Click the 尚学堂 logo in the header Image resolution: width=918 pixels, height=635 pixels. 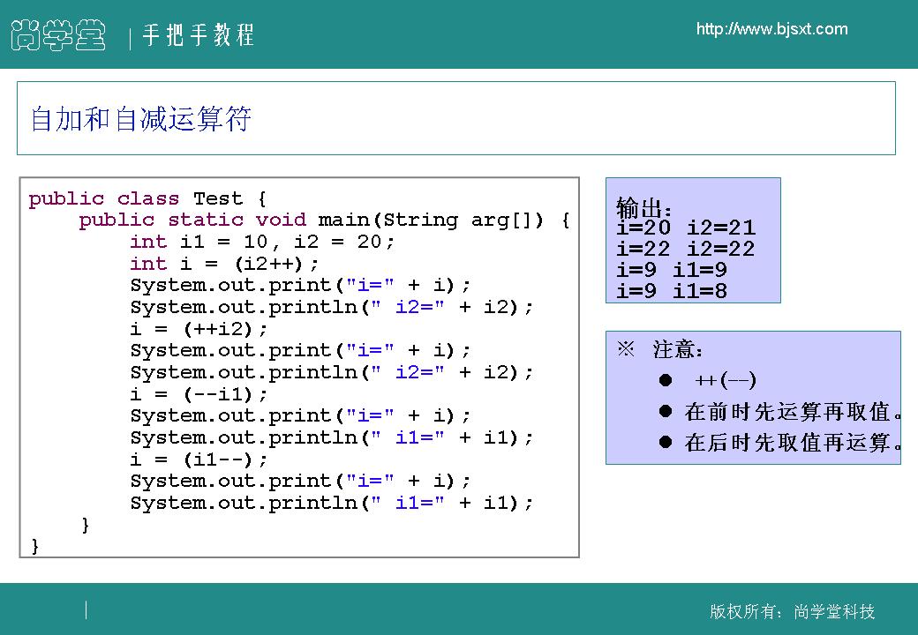(58, 34)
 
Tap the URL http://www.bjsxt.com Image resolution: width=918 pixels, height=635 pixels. (771, 28)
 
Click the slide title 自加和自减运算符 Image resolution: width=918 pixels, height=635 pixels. (140, 119)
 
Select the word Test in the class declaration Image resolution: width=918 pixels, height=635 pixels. (218, 198)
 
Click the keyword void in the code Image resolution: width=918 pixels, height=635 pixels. (281, 220)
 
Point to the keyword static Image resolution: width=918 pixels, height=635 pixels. (205, 220)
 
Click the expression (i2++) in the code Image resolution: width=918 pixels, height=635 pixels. (268, 264)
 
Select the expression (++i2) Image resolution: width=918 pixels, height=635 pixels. (218, 329)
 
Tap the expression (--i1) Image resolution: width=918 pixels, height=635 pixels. (218, 395)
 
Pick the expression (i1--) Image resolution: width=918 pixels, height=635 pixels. (218, 460)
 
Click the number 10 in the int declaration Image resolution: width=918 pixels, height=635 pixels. (255, 242)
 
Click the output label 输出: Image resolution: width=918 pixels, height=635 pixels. (643, 207)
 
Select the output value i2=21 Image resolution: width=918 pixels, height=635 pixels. (721, 228)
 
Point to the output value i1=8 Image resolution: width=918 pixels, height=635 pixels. (700, 291)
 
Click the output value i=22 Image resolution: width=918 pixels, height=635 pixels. (643, 249)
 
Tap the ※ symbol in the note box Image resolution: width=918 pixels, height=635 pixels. (626, 349)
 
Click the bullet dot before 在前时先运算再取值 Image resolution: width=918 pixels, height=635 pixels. (665, 411)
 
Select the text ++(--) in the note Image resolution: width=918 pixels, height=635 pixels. (726, 380)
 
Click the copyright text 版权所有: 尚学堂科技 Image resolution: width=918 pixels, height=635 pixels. (792, 611)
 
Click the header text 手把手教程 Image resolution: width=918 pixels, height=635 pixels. (198, 34)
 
